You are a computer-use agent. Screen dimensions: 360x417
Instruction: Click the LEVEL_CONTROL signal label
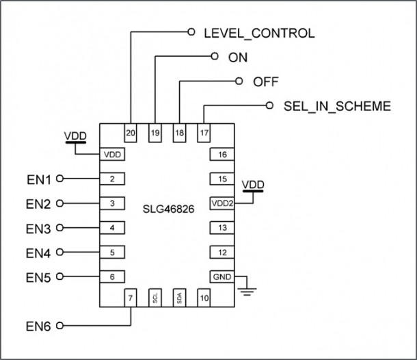pos(258,33)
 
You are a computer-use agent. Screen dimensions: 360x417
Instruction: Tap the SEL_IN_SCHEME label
pos(336,106)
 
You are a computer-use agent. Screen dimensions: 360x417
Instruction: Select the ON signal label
pos(238,57)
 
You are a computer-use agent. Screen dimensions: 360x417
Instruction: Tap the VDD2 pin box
pos(221,203)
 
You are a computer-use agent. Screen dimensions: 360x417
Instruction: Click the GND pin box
pos(221,277)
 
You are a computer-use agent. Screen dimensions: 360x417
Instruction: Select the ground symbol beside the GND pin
pos(247,292)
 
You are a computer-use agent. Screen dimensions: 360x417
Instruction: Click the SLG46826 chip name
pos(167,209)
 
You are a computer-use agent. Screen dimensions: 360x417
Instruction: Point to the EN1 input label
pos(39,179)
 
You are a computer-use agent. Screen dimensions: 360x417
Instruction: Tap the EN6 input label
pos(39,326)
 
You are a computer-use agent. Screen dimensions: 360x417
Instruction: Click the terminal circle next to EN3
pos(60,227)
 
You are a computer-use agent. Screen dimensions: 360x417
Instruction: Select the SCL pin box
pos(156,298)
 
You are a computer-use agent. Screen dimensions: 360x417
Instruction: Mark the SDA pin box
pos(179,298)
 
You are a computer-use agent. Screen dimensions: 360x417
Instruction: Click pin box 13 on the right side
pos(221,227)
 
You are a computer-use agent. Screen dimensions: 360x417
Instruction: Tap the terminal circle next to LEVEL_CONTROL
pos(191,32)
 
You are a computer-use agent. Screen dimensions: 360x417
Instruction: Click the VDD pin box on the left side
pos(112,154)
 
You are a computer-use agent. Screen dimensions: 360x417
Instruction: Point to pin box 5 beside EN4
pos(112,252)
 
